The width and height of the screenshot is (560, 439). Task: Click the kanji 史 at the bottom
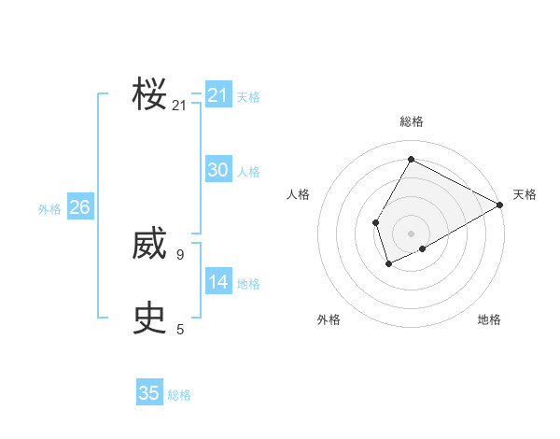tap(149, 319)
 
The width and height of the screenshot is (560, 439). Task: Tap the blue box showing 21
tap(218, 95)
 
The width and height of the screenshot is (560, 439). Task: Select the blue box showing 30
tap(218, 170)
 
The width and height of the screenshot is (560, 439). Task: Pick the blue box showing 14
tap(218, 282)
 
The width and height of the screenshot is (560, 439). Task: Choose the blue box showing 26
tap(79, 207)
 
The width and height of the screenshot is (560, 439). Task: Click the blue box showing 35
tap(149, 393)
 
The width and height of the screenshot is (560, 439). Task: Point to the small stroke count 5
tap(180, 329)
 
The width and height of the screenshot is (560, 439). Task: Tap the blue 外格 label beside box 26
tap(49, 209)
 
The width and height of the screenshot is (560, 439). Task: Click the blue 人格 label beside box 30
tap(248, 172)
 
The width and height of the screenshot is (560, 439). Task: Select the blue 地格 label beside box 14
tap(248, 284)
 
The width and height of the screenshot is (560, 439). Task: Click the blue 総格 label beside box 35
tap(179, 395)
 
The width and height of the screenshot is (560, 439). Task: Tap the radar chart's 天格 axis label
tap(525, 194)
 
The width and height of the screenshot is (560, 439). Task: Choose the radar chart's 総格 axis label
tap(411, 121)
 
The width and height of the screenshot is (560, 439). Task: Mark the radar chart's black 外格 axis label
tap(329, 319)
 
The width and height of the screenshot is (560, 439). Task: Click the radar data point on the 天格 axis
tap(500, 205)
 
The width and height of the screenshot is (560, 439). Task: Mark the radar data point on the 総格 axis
tap(411, 159)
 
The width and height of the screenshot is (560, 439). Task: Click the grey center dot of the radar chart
tap(411, 234)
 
